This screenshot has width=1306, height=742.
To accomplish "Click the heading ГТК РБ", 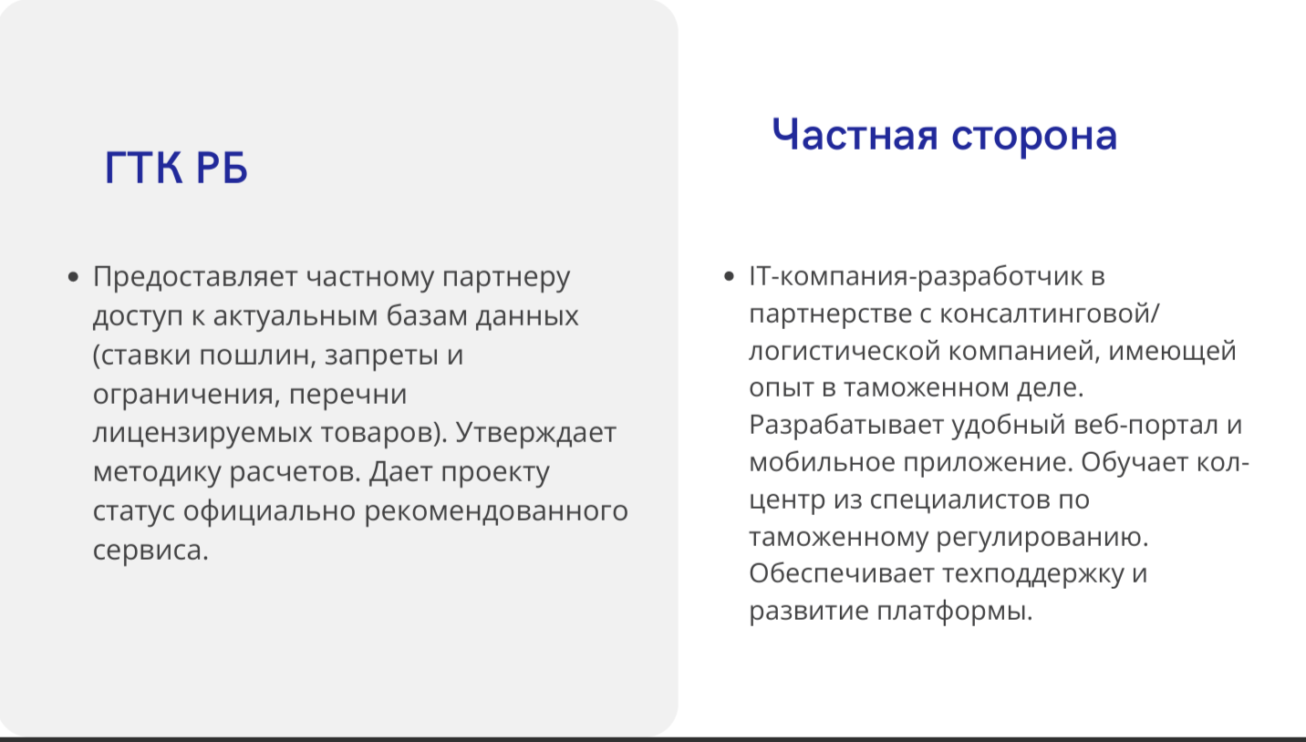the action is (x=176, y=168).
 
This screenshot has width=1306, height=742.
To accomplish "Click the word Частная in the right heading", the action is (x=855, y=135).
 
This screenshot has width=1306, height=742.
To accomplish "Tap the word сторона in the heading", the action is (x=1034, y=137).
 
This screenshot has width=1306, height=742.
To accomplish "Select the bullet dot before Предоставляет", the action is (x=73, y=277).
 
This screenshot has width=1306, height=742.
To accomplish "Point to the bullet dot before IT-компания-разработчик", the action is (x=729, y=276).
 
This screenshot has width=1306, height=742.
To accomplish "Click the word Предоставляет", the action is (x=195, y=277).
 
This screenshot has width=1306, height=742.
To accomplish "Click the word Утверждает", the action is (x=536, y=433).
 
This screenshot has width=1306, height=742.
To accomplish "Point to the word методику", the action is (x=157, y=473).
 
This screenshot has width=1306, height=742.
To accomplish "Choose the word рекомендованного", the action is (x=496, y=511).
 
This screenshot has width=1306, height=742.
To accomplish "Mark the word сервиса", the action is (x=150, y=551).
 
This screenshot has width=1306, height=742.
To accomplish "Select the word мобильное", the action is (x=822, y=463).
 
